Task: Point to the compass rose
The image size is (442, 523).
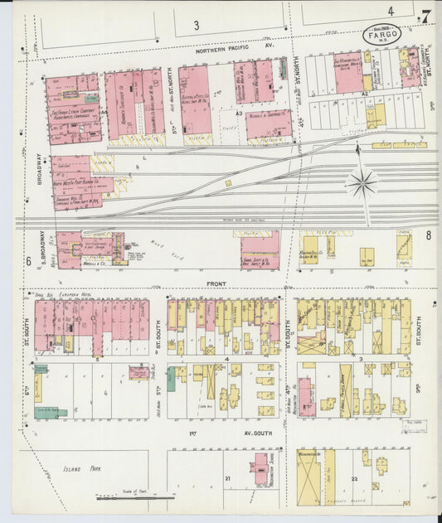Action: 362,182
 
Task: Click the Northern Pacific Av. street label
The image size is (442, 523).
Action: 234,50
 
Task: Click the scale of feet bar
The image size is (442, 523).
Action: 134,498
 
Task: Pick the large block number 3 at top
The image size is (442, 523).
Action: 197,26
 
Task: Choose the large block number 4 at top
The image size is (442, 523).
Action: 390,12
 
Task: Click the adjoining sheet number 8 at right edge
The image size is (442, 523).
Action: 429,235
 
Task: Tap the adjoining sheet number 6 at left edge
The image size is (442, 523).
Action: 27,261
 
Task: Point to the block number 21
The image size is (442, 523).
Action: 226,478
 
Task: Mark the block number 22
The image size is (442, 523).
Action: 355,479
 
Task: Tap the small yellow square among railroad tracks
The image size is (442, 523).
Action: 227,182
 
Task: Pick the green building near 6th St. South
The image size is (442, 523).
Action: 172,380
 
